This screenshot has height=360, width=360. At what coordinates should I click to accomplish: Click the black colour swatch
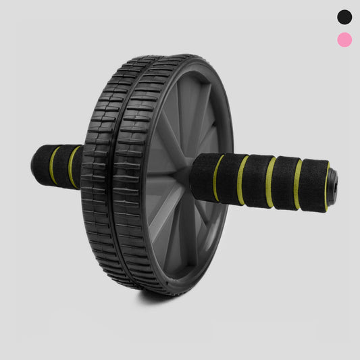coord(344,16)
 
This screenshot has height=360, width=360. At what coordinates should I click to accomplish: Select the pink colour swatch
coord(344,40)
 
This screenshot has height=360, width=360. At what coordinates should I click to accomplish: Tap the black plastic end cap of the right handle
coord(333,185)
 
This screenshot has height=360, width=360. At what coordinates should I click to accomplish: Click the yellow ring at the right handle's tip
coord(327,186)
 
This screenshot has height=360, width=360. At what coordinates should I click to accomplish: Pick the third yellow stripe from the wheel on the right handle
coord(270,182)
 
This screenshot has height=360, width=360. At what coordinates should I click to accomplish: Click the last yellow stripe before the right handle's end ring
coord(298,184)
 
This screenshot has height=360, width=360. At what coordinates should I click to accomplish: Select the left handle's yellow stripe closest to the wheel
coord(72,167)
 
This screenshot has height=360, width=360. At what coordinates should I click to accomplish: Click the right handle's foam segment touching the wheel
coord(203,177)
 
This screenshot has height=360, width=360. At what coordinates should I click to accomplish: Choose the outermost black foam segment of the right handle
coord(313,184)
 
